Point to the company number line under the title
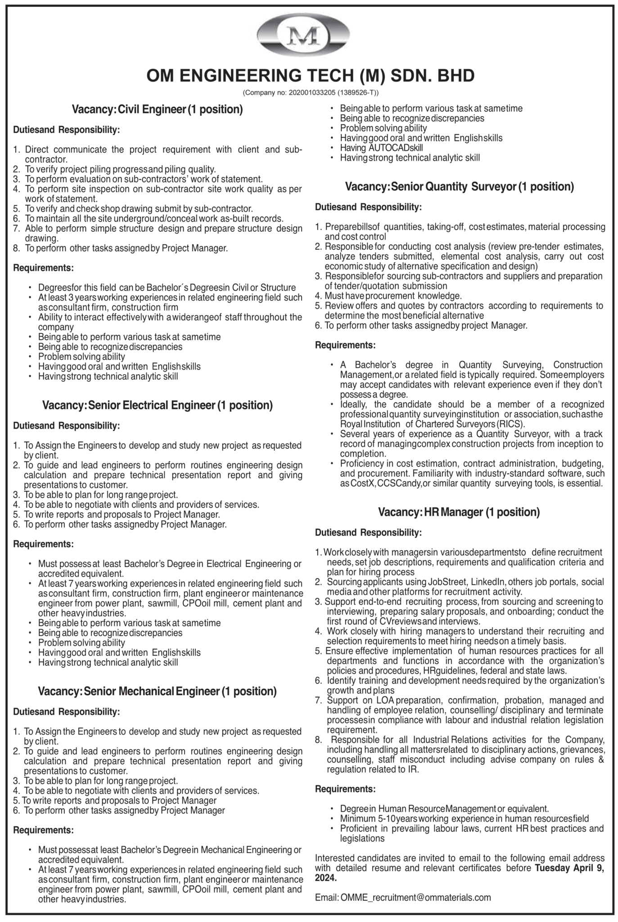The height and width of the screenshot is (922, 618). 311,93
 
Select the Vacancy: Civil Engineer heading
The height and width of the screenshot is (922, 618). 158,109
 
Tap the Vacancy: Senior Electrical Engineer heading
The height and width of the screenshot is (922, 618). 158,405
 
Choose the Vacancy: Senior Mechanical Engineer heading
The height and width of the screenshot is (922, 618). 158,691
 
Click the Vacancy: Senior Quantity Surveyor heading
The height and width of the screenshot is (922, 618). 459,187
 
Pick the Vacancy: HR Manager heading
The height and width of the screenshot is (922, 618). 459,512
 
